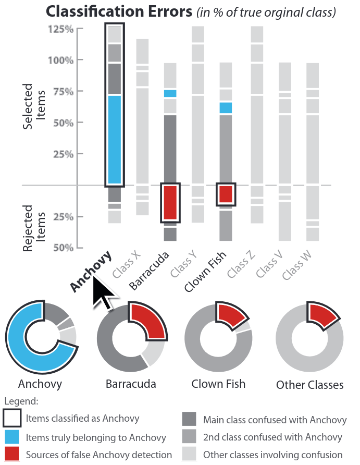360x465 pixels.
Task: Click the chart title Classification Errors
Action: click(x=120, y=11)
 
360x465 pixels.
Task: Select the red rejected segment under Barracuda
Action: click(x=170, y=203)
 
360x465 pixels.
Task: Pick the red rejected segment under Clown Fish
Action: click(x=226, y=194)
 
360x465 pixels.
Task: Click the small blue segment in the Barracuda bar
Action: click(x=170, y=93)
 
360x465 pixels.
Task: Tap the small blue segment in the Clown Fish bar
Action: click(x=226, y=108)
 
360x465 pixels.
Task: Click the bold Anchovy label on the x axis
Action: click(x=92, y=271)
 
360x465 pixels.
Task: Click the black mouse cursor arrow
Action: click(x=103, y=293)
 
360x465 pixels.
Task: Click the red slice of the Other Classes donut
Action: click(x=323, y=315)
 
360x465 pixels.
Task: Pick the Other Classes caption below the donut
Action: click(x=309, y=385)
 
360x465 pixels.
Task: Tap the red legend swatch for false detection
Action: click(x=12, y=455)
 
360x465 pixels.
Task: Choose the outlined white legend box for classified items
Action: click(x=12, y=419)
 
